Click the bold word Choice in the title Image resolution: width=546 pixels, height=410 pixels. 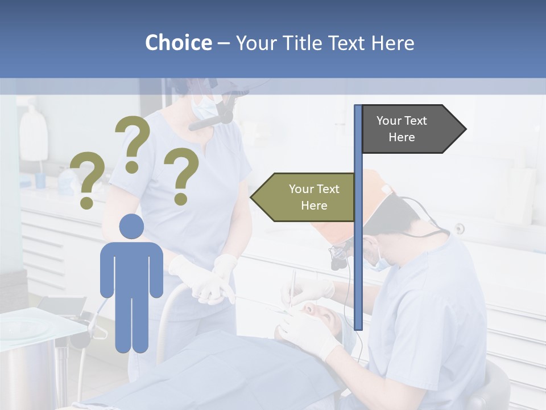(x=178, y=43)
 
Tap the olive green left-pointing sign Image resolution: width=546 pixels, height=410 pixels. (x=307, y=197)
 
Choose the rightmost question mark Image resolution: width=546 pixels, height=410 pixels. (x=181, y=175)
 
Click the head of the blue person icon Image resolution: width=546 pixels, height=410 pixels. (x=131, y=226)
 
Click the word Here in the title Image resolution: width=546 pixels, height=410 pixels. (x=392, y=43)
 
